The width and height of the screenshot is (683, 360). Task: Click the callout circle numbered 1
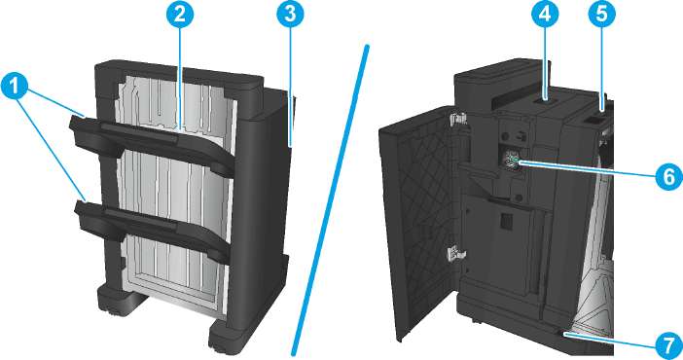pyautogui.click(x=15, y=86)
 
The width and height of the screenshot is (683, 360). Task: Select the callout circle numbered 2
pyautogui.click(x=179, y=15)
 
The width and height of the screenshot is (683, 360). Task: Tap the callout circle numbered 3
pyautogui.click(x=291, y=15)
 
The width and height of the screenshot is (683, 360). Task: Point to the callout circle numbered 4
pyautogui.click(x=545, y=15)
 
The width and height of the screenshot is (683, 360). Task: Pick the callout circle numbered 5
pyautogui.click(x=601, y=15)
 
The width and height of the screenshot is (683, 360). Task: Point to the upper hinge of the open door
pyautogui.click(x=456, y=118)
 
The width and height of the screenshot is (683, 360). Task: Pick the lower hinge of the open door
pyautogui.click(x=455, y=254)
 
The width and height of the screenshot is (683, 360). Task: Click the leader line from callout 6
pyautogui.click(x=586, y=169)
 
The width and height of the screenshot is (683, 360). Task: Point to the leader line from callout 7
pyautogui.click(x=609, y=340)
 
